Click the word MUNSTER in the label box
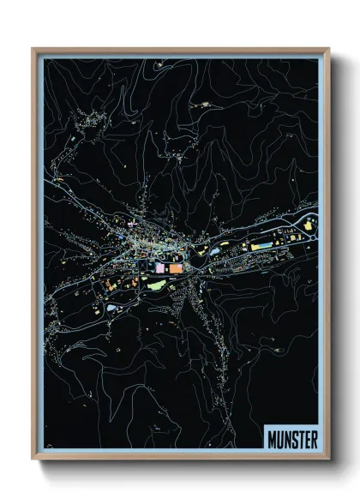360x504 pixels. pyautogui.click(x=292, y=438)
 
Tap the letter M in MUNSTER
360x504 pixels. pyautogui.click(x=272, y=438)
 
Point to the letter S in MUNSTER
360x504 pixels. pyautogui.click(x=293, y=438)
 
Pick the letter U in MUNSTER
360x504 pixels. pyautogui.click(x=279, y=438)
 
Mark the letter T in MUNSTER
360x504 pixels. pyautogui.click(x=300, y=438)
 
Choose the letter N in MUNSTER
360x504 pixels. pyautogui.click(x=286, y=438)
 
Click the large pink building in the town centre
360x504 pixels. pyautogui.click(x=159, y=268)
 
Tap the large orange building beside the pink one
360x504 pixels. pyautogui.click(x=174, y=268)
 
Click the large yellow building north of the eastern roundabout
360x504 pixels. pyautogui.click(x=308, y=225)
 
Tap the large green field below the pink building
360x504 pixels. pyautogui.click(x=157, y=285)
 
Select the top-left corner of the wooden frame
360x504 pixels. pyautogui.click(x=33, y=49)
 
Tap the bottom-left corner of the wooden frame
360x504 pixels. pyautogui.click(x=33, y=460)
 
